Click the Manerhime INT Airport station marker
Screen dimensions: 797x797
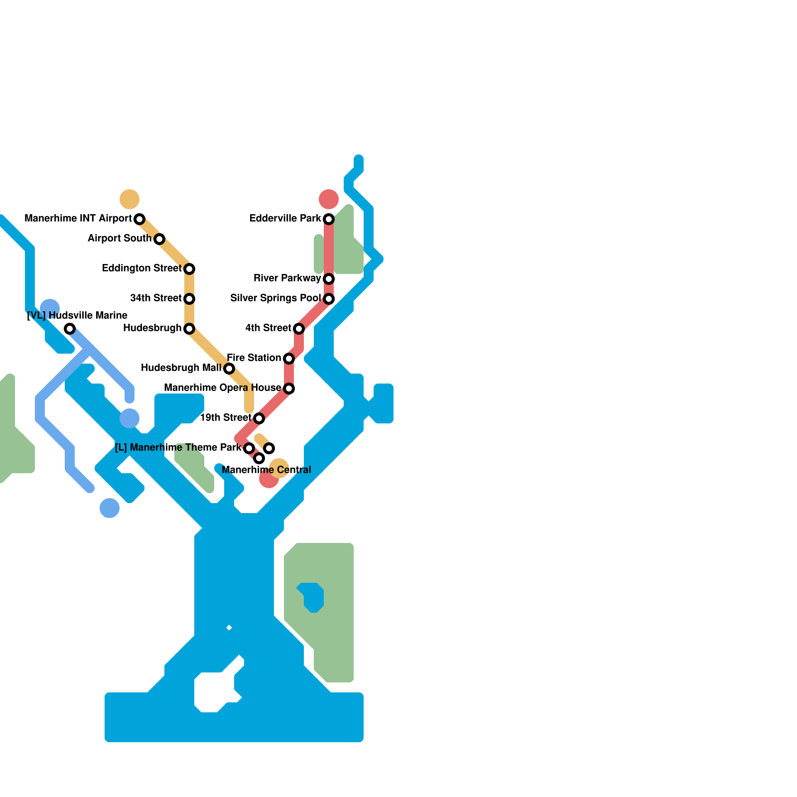pyautogui.click(x=139, y=219)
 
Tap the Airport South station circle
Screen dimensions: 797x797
pyautogui.click(x=159, y=239)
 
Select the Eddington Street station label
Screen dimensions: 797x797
pyautogui.click(x=142, y=268)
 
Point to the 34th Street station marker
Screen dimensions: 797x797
pyautogui.click(x=189, y=299)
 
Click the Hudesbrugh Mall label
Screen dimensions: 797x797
pyautogui.click(x=181, y=368)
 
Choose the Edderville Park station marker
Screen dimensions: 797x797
pyautogui.click(x=329, y=219)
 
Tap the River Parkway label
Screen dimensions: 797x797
pyautogui.click(x=287, y=278)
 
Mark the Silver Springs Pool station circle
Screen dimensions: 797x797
pyautogui.click(x=329, y=299)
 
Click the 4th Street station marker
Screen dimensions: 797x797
pyautogui.click(x=299, y=329)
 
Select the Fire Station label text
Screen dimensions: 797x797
pyautogui.click(x=254, y=358)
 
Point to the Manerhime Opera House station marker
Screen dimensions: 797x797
pyautogui.click(x=289, y=389)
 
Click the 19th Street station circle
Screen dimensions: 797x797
pyautogui.click(x=259, y=418)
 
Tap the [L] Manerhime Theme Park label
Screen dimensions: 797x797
pyautogui.click(x=178, y=447)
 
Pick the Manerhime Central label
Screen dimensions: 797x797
pyautogui.click(x=266, y=470)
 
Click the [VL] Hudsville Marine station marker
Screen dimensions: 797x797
pyautogui.click(x=70, y=329)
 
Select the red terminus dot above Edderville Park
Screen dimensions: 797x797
pyautogui.click(x=329, y=199)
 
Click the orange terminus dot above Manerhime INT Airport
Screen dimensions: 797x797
pyautogui.click(x=130, y=199)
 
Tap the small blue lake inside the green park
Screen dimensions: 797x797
pyautogui.click(x=313, y=597)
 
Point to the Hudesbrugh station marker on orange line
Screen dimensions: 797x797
pyautogui.click(x=189, y=329)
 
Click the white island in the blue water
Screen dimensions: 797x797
pyautogui.click(x=213, y=691)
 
